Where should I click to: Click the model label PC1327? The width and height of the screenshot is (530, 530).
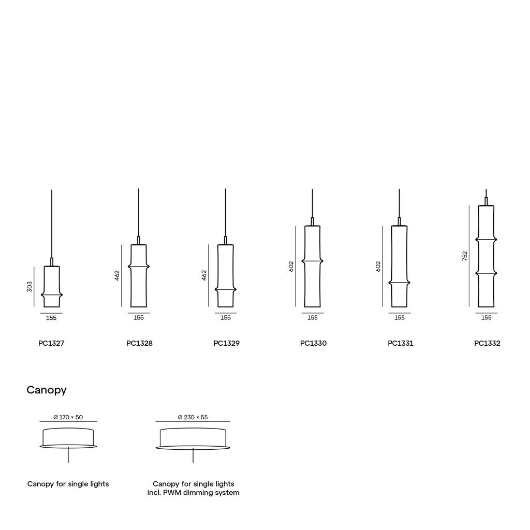coord(51,343)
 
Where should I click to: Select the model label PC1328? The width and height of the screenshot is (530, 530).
coord(139,343)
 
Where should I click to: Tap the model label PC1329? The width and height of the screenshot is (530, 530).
coord(227,343)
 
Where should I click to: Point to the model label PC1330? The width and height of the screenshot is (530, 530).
coord(313,343)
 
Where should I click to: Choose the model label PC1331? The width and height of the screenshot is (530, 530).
coord(401,343)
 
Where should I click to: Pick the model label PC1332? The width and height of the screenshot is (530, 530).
coord(487,343)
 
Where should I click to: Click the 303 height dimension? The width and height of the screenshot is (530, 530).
coord(30,287)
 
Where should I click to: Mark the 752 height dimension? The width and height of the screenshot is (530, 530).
coord(465,256)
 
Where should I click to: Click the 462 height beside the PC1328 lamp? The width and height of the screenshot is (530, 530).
coord(117,275)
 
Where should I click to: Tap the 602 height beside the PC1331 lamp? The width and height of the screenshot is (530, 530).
coord(378,267)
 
